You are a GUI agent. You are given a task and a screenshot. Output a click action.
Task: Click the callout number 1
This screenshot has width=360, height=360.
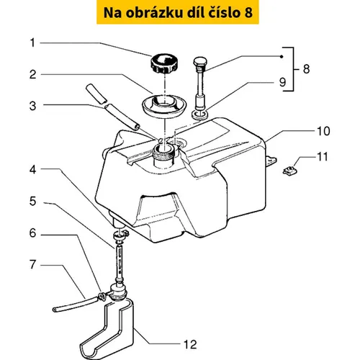coord(32,43)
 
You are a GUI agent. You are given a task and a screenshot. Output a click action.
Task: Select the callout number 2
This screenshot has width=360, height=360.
coord(33,74)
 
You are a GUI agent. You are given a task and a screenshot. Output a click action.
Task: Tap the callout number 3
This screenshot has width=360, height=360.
coord(33,106)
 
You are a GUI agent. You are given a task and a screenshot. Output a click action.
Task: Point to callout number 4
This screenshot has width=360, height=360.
coord(33,169)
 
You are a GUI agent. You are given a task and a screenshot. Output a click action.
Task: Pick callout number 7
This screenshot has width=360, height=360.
coord(33,264)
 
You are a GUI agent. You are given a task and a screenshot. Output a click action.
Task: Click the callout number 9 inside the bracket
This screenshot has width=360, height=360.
coord(282,82)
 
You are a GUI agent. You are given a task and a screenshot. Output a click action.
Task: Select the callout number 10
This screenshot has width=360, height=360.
coord(323,131)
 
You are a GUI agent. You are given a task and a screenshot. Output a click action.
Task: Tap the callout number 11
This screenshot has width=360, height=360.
coord(322,157)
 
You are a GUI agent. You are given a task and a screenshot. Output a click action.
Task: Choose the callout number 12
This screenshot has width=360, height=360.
coord(190,345)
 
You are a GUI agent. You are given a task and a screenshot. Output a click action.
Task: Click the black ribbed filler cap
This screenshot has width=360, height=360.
coord(161,63)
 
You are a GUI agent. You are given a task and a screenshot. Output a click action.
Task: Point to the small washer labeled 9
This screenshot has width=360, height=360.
coord(200,114)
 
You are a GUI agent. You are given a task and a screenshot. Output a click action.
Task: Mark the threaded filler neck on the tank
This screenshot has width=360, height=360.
coord(163,155)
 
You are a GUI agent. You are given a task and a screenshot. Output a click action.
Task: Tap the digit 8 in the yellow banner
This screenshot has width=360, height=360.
coord(249,13)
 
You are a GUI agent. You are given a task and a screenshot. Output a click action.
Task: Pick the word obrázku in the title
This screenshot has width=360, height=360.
coord(154,12)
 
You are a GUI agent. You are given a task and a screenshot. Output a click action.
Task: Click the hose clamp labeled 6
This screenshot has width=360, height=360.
coord(102,296)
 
